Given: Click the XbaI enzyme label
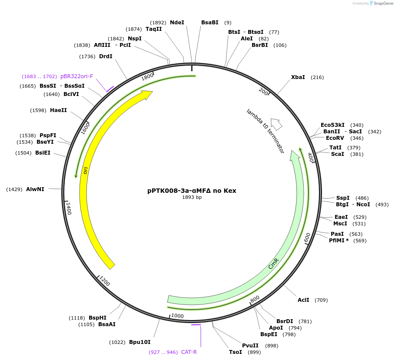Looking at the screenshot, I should [298, 77].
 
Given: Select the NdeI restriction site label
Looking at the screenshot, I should [177, 23].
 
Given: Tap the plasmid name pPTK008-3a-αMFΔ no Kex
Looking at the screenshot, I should [192, 190].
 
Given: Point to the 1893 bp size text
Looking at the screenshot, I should [192, 197].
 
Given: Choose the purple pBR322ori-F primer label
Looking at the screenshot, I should [76, 76].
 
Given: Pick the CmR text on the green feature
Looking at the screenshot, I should [273, 264].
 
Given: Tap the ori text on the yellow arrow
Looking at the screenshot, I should [86, 170].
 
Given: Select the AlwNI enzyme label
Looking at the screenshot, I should [35, 189].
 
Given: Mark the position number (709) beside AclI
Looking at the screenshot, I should [321, 300].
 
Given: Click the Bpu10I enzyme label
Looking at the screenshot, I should [139, 342].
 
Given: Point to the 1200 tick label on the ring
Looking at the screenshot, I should [105, 281].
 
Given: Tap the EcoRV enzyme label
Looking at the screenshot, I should [335, 138].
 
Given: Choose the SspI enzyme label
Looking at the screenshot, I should [343, 198].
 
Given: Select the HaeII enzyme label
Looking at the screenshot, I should [58, 110].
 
